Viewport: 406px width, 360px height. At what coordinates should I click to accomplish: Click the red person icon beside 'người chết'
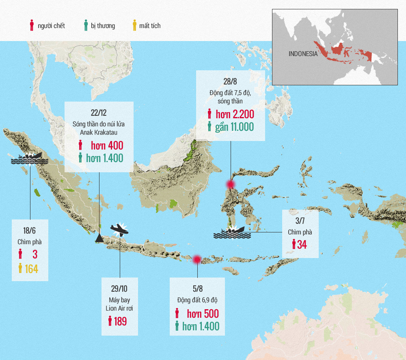point(32,26)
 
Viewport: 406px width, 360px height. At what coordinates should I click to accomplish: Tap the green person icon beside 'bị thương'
point(85,26)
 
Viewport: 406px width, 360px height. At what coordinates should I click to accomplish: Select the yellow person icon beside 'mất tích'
point(134,26)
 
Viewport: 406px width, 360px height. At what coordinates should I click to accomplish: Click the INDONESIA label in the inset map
point(303,54)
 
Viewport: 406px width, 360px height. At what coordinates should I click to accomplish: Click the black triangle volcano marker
point(99,239)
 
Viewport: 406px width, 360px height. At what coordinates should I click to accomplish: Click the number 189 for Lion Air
point(120,321)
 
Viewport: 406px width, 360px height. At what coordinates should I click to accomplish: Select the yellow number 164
point(32,269)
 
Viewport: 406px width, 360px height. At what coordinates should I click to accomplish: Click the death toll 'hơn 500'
point(203,314)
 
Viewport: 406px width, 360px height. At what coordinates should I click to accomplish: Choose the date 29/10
point(119,289)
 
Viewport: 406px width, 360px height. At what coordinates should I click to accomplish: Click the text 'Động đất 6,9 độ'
point(197,300)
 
